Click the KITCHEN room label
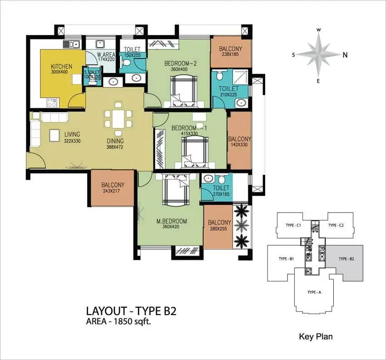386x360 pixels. coord(62,66)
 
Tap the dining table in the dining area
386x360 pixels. coord(119,119)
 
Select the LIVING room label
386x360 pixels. coord(72,134)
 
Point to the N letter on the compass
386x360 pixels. coord(345,55)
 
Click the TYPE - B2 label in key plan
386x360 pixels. coord(346,259)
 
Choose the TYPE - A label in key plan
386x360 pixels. coord(314,292)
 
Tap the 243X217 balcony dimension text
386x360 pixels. coord(113,191)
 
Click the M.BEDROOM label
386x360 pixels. coord(172,221)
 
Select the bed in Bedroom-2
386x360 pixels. coord(184,91)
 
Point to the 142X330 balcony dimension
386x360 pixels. coord(239,145)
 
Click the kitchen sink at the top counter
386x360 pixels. coord(71,44)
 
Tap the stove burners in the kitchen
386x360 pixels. coord(52,103)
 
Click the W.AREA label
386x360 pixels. coord(106,54)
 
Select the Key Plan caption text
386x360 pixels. coord(316,336)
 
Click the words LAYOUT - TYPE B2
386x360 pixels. coord(131,311)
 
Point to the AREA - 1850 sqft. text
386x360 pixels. coord(118,321)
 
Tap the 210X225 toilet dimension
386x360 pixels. coord(229,94)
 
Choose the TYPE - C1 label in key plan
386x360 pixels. coord(293,225)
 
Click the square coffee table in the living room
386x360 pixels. coord(54,135)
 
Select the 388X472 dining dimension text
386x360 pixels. coord(115,147)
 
